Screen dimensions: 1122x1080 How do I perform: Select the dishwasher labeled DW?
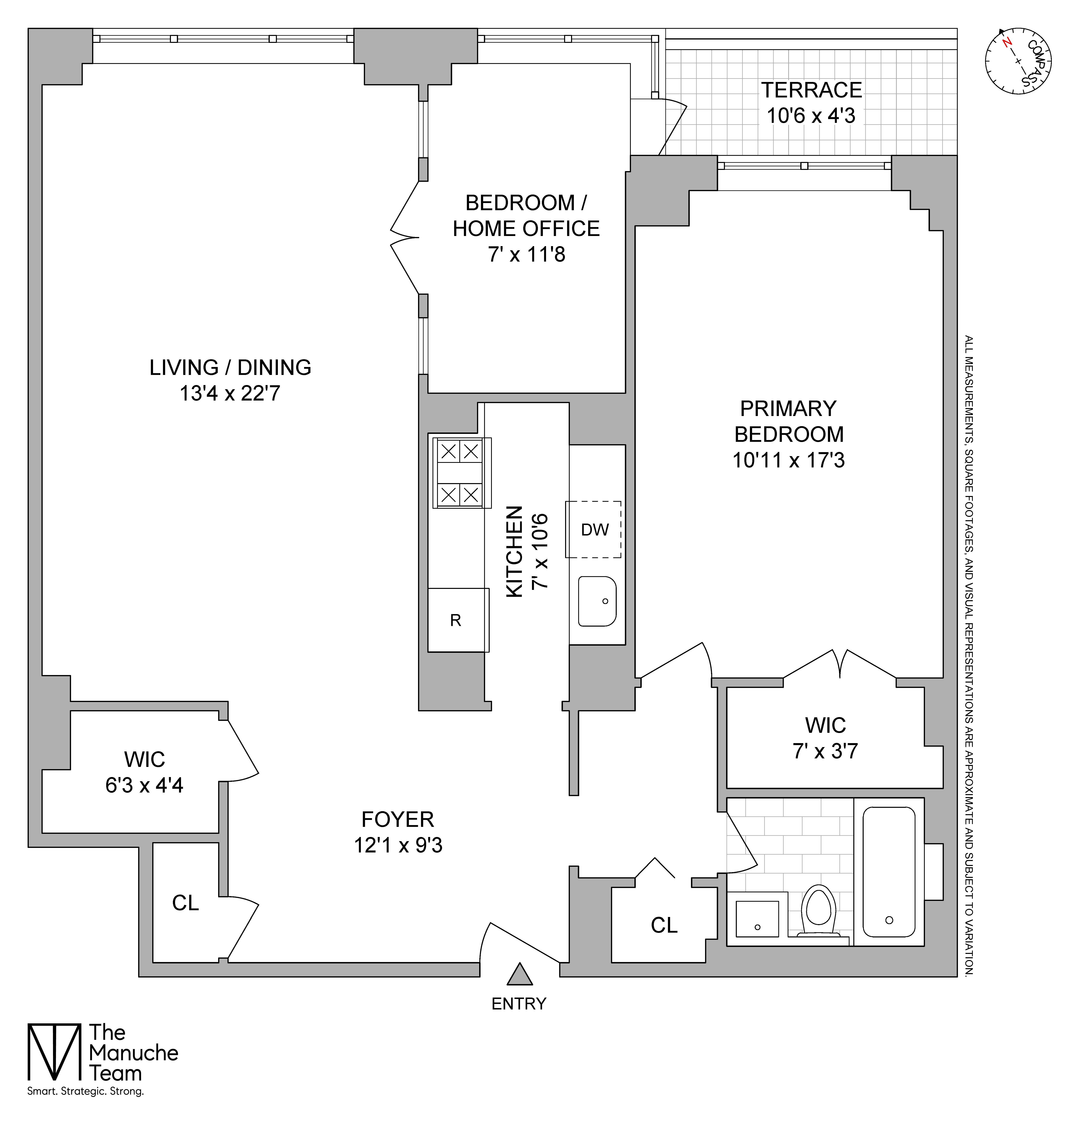point(594,530)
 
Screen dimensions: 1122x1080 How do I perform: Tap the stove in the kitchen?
point(460,473)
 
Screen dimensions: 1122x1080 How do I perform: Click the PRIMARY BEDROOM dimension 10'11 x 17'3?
point(789,460)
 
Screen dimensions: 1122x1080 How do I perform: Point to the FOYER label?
point(397,820)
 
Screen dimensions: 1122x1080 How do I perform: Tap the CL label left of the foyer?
point(186,903)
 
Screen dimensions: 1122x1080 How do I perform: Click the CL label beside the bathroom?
point(664,925)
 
